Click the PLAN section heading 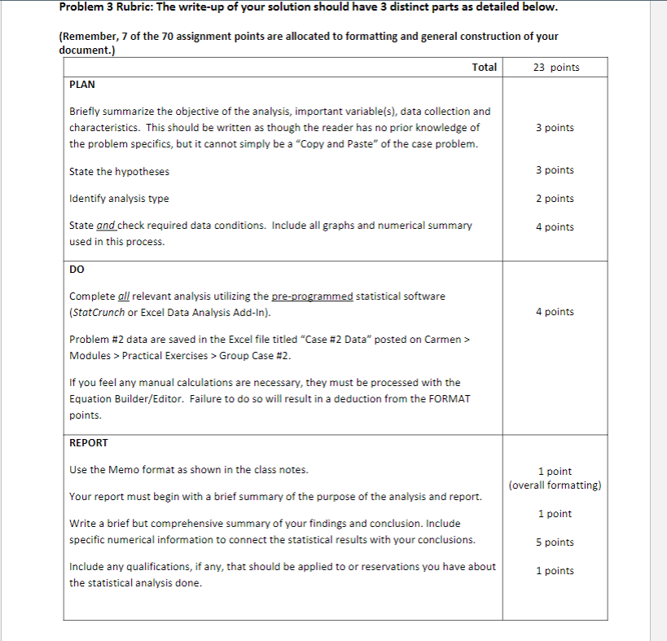pyautogui.click(x=82, y=85)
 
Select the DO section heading pyautogui.click(x=77, y=269)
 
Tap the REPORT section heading pyautogui.click(x=89, y=443)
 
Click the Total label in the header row pyautogui.click(x=485, y=67)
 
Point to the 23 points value pyautogui.click(x=556, y=67)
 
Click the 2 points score pyautogui.click(x=555, y=199)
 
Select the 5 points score pyautogui.click(x=555, y=542)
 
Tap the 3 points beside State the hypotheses pyautogui.click(x=555, y=170)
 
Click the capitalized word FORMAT pyautogui.click(x=448, y=399)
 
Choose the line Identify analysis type pyautogui.click(x=119, y=199)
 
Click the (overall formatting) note pyautogui.click(x=555, y=485)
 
